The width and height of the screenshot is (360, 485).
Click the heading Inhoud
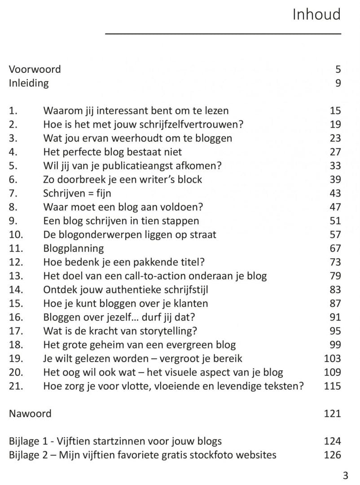pyautogui.click(x=316, y=15)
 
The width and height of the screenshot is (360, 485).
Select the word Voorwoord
pyautogui.click(x=35, y=70)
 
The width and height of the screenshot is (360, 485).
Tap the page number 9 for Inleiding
pyautogui.click(x=338, y=83)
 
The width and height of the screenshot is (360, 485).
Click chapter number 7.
pyautogui.click(x=13, y=194)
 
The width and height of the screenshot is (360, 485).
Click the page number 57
pyautogui.click(x=335, y=234)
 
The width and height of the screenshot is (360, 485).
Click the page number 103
pyautogui.click(x=332, y=359)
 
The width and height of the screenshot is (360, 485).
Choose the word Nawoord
pyautogui.click(x=30, y=414)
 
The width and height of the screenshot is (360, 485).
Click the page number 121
pyautogui.click(x=332, y=414)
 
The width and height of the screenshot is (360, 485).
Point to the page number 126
pyautogui.click(x=332, y=455)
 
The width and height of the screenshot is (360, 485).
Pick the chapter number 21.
pyautogui.click(x=15, y=386)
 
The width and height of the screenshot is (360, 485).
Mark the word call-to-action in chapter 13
pyautogui.click(x=160, y=276)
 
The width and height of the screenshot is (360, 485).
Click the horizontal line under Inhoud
pyautogui.click(x=223, y=33)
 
